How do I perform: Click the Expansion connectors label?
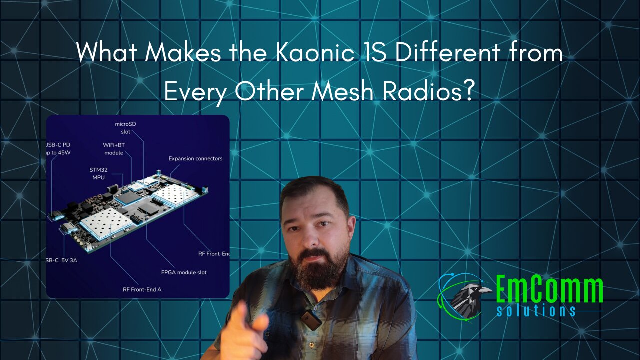coord(195,159)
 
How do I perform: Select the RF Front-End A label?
coord(142,289)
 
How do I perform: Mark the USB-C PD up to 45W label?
coord(59,148)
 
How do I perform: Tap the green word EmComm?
coord(549,290)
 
